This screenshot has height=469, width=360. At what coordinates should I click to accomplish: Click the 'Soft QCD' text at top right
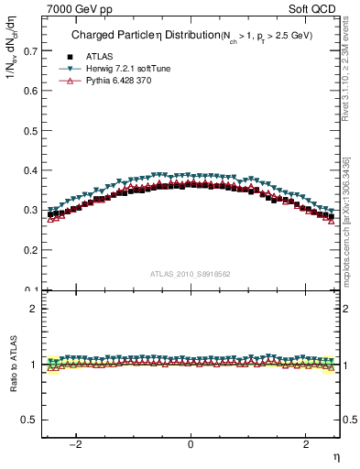pos(313,8)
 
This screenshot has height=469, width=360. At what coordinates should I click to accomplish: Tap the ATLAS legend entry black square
pos(71,57)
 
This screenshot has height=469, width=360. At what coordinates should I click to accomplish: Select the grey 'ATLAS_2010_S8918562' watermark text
pos(190,274)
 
